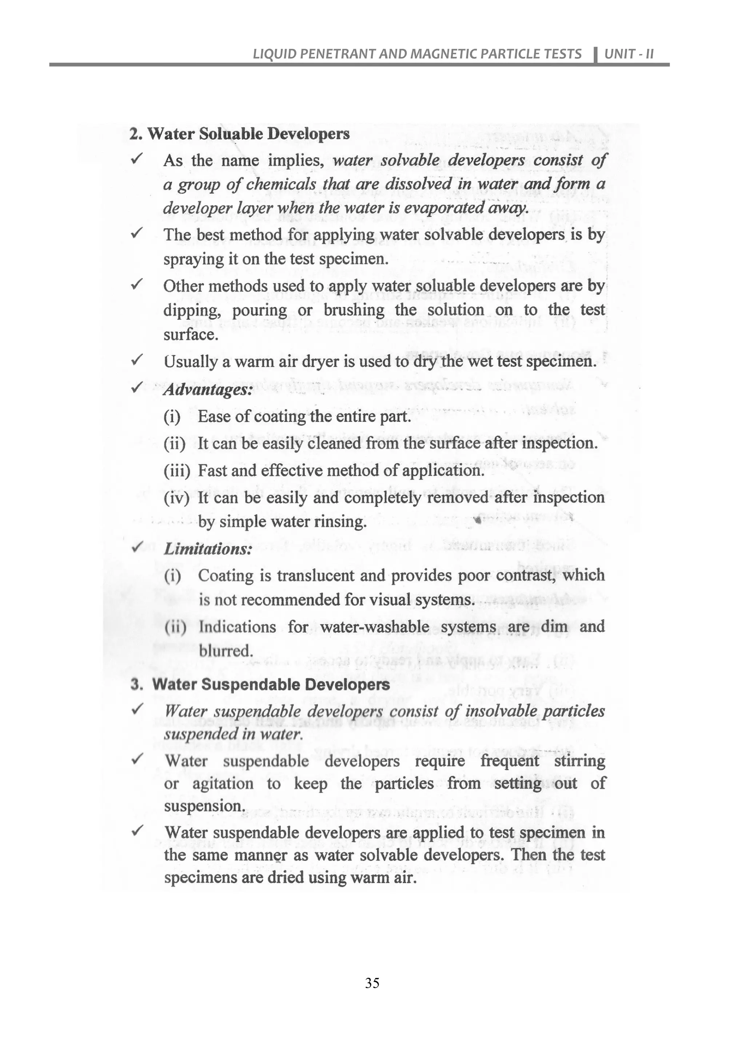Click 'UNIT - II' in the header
click(629, 54)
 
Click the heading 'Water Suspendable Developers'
click(271, 684)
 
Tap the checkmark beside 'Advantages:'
click(137, 388)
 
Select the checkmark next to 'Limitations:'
click(137, 546)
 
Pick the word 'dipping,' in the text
click(192, 311)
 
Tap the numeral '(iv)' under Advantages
click(177, 498)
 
